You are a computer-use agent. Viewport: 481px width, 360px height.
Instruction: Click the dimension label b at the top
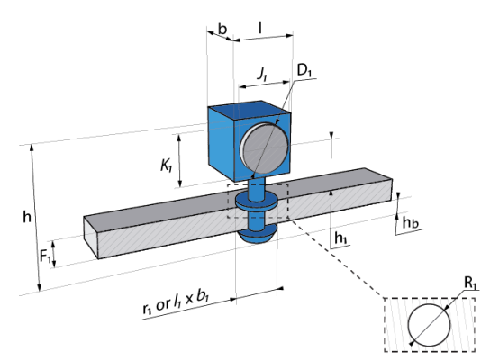click(222, 29)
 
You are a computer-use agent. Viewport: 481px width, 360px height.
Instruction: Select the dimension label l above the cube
click(260, 28)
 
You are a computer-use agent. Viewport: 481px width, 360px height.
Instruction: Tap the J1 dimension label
click(262, 74)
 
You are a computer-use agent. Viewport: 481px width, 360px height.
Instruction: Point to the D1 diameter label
click(304, 71)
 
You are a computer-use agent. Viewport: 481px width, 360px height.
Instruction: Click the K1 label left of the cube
click(167, 166)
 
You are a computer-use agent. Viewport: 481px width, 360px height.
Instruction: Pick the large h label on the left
click(27, 217)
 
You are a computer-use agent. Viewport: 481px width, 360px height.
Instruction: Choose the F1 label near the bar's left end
click(45, 256)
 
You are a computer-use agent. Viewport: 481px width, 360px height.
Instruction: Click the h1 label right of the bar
click(340, 238)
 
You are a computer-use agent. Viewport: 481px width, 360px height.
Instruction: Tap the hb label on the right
click(410, 222)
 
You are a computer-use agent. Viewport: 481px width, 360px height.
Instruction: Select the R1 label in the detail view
click(470, 283)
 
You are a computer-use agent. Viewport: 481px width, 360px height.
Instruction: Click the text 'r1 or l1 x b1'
click(176, 303)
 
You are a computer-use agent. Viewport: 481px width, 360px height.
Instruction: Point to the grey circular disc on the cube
click(264, 148)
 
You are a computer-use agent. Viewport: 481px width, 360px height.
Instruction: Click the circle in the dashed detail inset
click(408, 325)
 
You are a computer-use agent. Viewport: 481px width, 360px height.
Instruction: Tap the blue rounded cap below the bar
click(258, 234)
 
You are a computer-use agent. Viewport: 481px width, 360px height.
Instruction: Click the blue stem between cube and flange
click(257, 189)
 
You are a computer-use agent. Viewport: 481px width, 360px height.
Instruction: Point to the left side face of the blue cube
click(221, 142)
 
